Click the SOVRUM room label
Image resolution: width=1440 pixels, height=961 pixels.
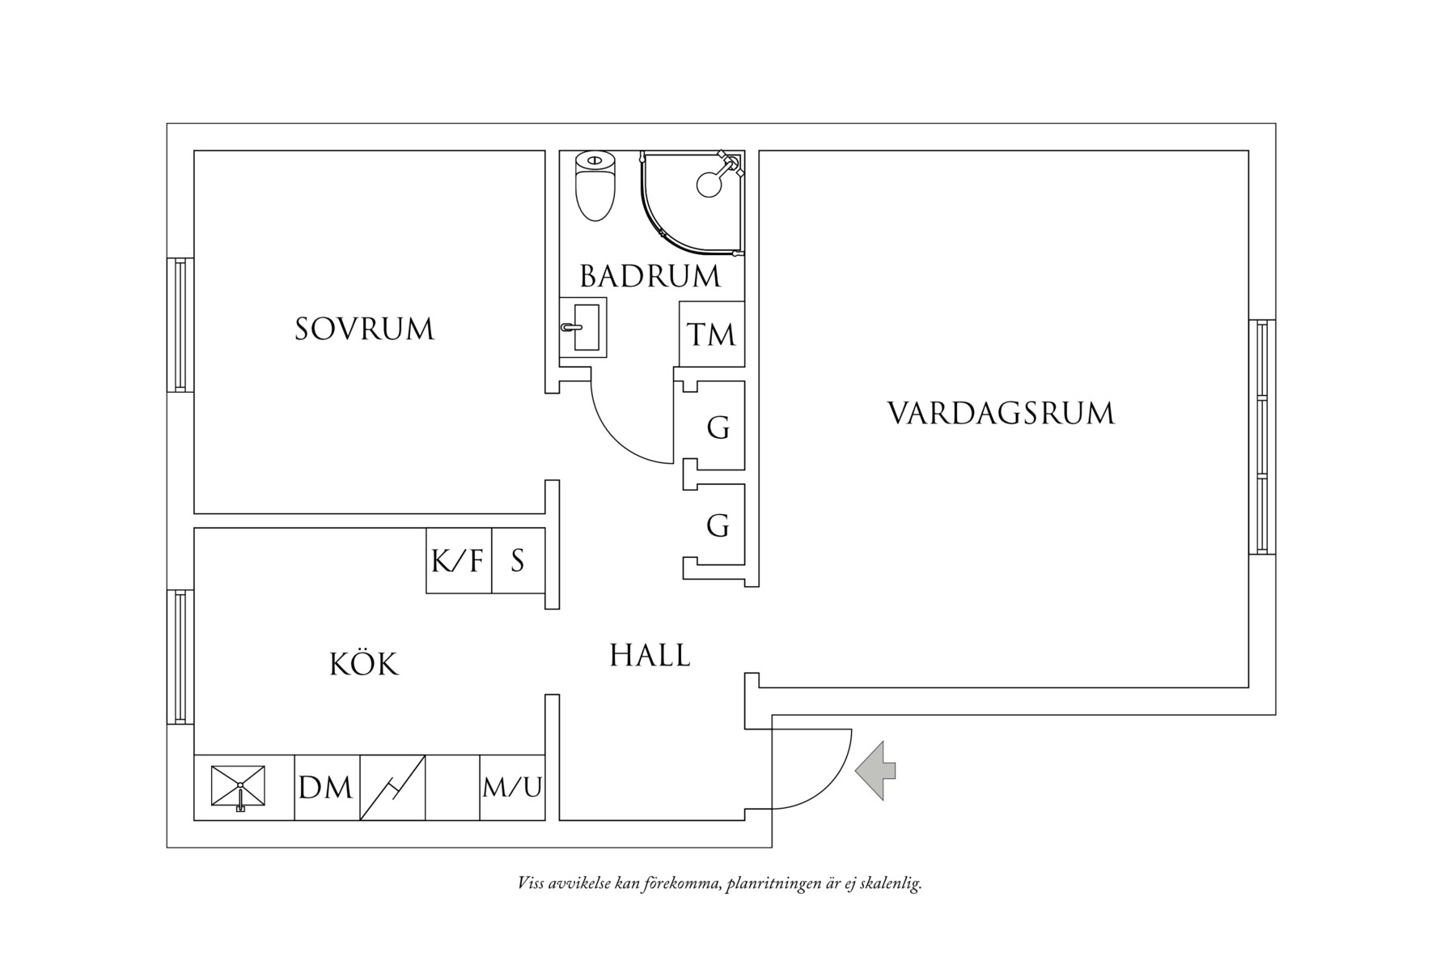pyautogui.click(x=364, y=330)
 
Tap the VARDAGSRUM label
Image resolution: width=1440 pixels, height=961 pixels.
pyautogui.click(x=1001, y=413)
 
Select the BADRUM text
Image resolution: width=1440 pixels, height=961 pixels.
pyautogui.click(x=650, y=277)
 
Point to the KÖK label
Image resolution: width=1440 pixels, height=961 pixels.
pyautogui.click(x=364, y=665)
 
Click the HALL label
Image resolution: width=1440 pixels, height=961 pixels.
pyautogui.click(x=650, y=656)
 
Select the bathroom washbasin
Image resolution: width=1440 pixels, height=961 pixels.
pyautogui.click(x=585, y=327)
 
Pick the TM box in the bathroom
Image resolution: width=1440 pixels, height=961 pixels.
pyautogui.click(x=711, y=334)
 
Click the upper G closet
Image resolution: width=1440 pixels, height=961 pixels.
pyautogui.click(x=718, y=427)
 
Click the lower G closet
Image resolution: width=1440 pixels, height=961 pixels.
pyautogui.click(x=718, y=526)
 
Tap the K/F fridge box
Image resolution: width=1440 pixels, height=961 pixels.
pyautogui.click(x=458, y=560)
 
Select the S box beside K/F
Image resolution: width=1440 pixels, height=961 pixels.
pyautogui.click(x=518, y=560)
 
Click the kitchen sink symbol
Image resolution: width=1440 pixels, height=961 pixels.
pyautogui.click(x=239, y=786)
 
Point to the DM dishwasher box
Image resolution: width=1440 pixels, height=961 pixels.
pyautogui.click(x=326, y=787)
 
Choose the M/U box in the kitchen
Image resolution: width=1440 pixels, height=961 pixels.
pyautogui.click(x=512, y=787)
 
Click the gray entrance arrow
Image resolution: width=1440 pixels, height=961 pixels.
pyautogui.click(x=875, y=770)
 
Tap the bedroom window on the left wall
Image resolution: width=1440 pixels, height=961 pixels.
pyautogui.click(x=180, y=325)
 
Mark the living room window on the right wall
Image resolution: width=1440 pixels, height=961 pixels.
pyautogui.click(x=1261, y=436)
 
